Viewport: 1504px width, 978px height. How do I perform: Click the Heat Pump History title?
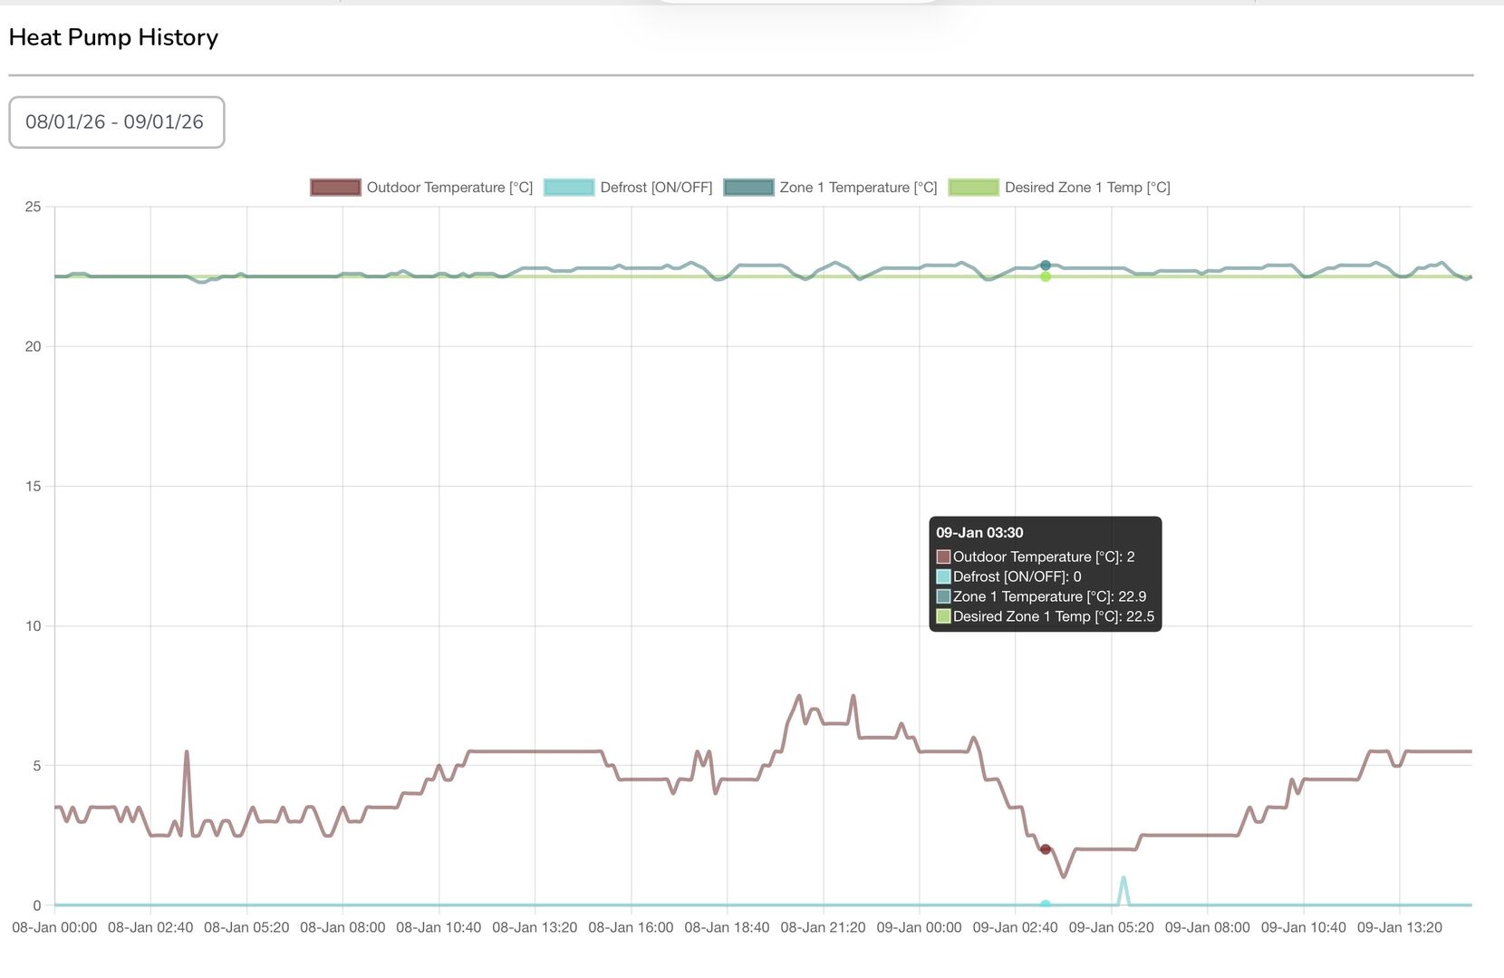(113, 37)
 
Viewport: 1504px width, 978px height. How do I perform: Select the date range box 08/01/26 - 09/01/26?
(116, 122)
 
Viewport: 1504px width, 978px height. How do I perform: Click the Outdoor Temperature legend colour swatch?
(335, 188)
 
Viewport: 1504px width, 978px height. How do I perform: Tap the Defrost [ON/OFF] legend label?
(656, 188)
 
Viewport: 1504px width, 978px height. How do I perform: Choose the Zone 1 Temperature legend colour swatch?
(748, 188)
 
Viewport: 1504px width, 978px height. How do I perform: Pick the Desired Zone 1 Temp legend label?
(1087, 188)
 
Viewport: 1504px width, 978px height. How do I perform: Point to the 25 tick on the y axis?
(34, 207)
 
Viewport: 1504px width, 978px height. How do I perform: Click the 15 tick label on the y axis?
(34, 487)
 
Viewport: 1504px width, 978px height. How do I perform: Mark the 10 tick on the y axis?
(34, 626)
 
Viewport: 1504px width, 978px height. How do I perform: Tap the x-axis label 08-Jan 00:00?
(54, 927)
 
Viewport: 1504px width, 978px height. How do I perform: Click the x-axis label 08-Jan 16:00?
(631, 927)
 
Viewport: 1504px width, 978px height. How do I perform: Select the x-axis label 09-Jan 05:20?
(1111, 927)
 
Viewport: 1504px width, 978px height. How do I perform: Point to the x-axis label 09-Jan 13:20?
(1399, 927)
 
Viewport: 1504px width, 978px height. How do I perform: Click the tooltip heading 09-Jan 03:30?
(979, 533)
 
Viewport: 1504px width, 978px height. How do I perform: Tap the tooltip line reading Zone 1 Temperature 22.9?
(1048, 596)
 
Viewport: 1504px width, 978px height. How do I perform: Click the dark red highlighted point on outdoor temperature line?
(1046, 849)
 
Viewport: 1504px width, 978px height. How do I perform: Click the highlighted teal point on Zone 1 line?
(1046, 266)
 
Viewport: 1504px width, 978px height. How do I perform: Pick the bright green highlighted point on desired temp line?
(1046, 276)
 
